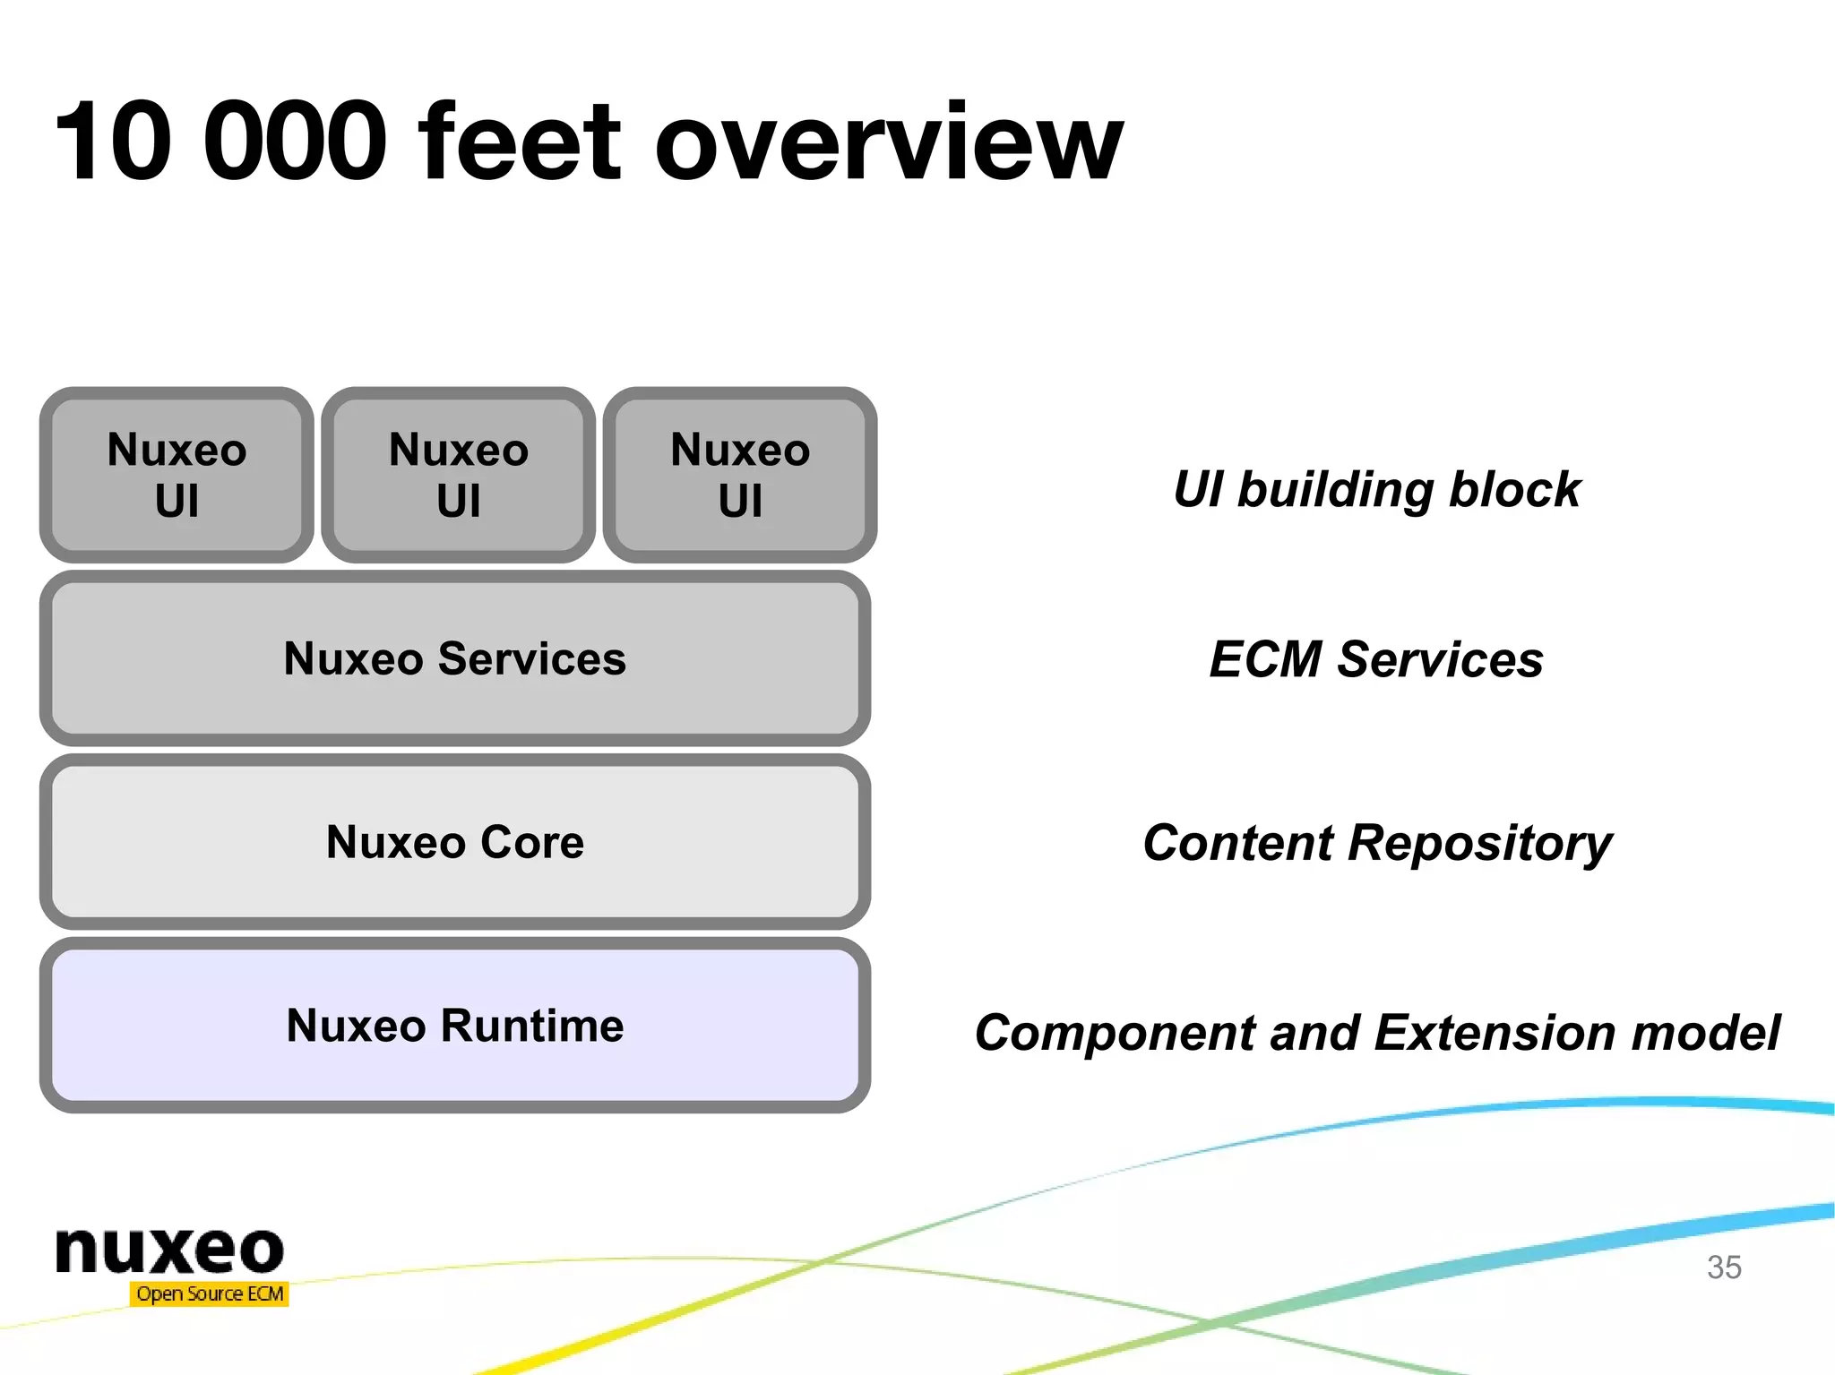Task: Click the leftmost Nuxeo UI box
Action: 177,475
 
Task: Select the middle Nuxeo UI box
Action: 458,475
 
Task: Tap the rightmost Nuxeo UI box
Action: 740,475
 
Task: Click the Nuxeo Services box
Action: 455,658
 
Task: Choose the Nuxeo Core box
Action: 455,842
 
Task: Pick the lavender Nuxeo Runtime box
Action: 455,1026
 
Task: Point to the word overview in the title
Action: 887,143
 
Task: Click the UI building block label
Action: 1376,489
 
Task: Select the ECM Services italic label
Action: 1376,659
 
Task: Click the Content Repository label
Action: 1376,843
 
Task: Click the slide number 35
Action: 1723,1268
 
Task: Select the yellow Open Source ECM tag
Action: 210,1293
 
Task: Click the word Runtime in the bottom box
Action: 532,1026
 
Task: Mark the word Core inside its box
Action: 532,842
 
